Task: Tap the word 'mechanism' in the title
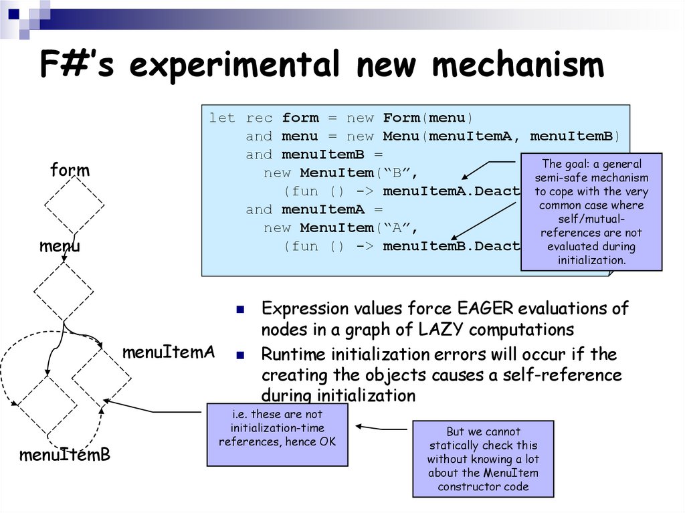pos(518,66)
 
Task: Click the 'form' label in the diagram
pos(70,171)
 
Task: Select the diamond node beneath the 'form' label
pos(74,204)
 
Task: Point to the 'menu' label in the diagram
pos(60,246)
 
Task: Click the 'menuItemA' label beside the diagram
pos(168,352)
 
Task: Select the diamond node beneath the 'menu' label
pos(64,291)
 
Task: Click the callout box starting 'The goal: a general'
pos(591,211)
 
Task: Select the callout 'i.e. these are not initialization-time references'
pos(277,434)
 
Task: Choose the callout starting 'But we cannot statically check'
pos(483,459)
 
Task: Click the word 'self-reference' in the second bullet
pos(561,375)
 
